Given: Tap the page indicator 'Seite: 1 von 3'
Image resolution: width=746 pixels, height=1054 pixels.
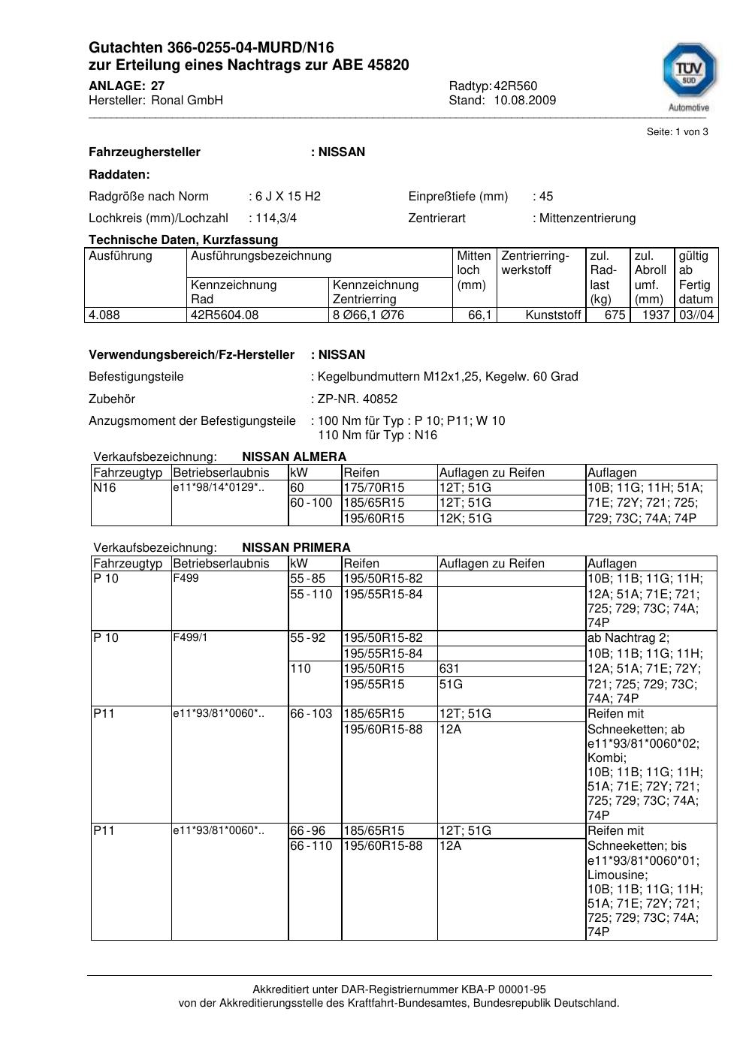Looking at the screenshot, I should [677, 131].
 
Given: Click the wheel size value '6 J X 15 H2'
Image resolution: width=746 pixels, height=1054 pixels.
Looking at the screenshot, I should [288, 196].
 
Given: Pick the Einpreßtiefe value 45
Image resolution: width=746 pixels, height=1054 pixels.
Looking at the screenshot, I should [545, 196].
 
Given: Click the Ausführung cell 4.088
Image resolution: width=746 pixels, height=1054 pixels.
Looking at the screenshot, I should [104, 315].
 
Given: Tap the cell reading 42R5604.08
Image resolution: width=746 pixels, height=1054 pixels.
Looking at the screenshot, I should [225, 315].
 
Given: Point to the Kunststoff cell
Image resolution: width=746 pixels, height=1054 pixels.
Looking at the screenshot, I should [553, 315].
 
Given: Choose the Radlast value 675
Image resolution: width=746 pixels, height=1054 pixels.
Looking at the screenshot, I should [615, 315].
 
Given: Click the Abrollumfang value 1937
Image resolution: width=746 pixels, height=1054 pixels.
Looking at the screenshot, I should [655, 315].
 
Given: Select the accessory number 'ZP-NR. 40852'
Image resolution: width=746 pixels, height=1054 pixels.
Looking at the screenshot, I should [358, 399].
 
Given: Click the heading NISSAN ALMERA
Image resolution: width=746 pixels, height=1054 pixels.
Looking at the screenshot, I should [294, 456].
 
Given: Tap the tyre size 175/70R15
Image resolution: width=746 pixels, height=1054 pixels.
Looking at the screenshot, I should [374, 487].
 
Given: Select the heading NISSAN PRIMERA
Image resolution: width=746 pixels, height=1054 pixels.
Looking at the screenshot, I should [296, 547].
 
